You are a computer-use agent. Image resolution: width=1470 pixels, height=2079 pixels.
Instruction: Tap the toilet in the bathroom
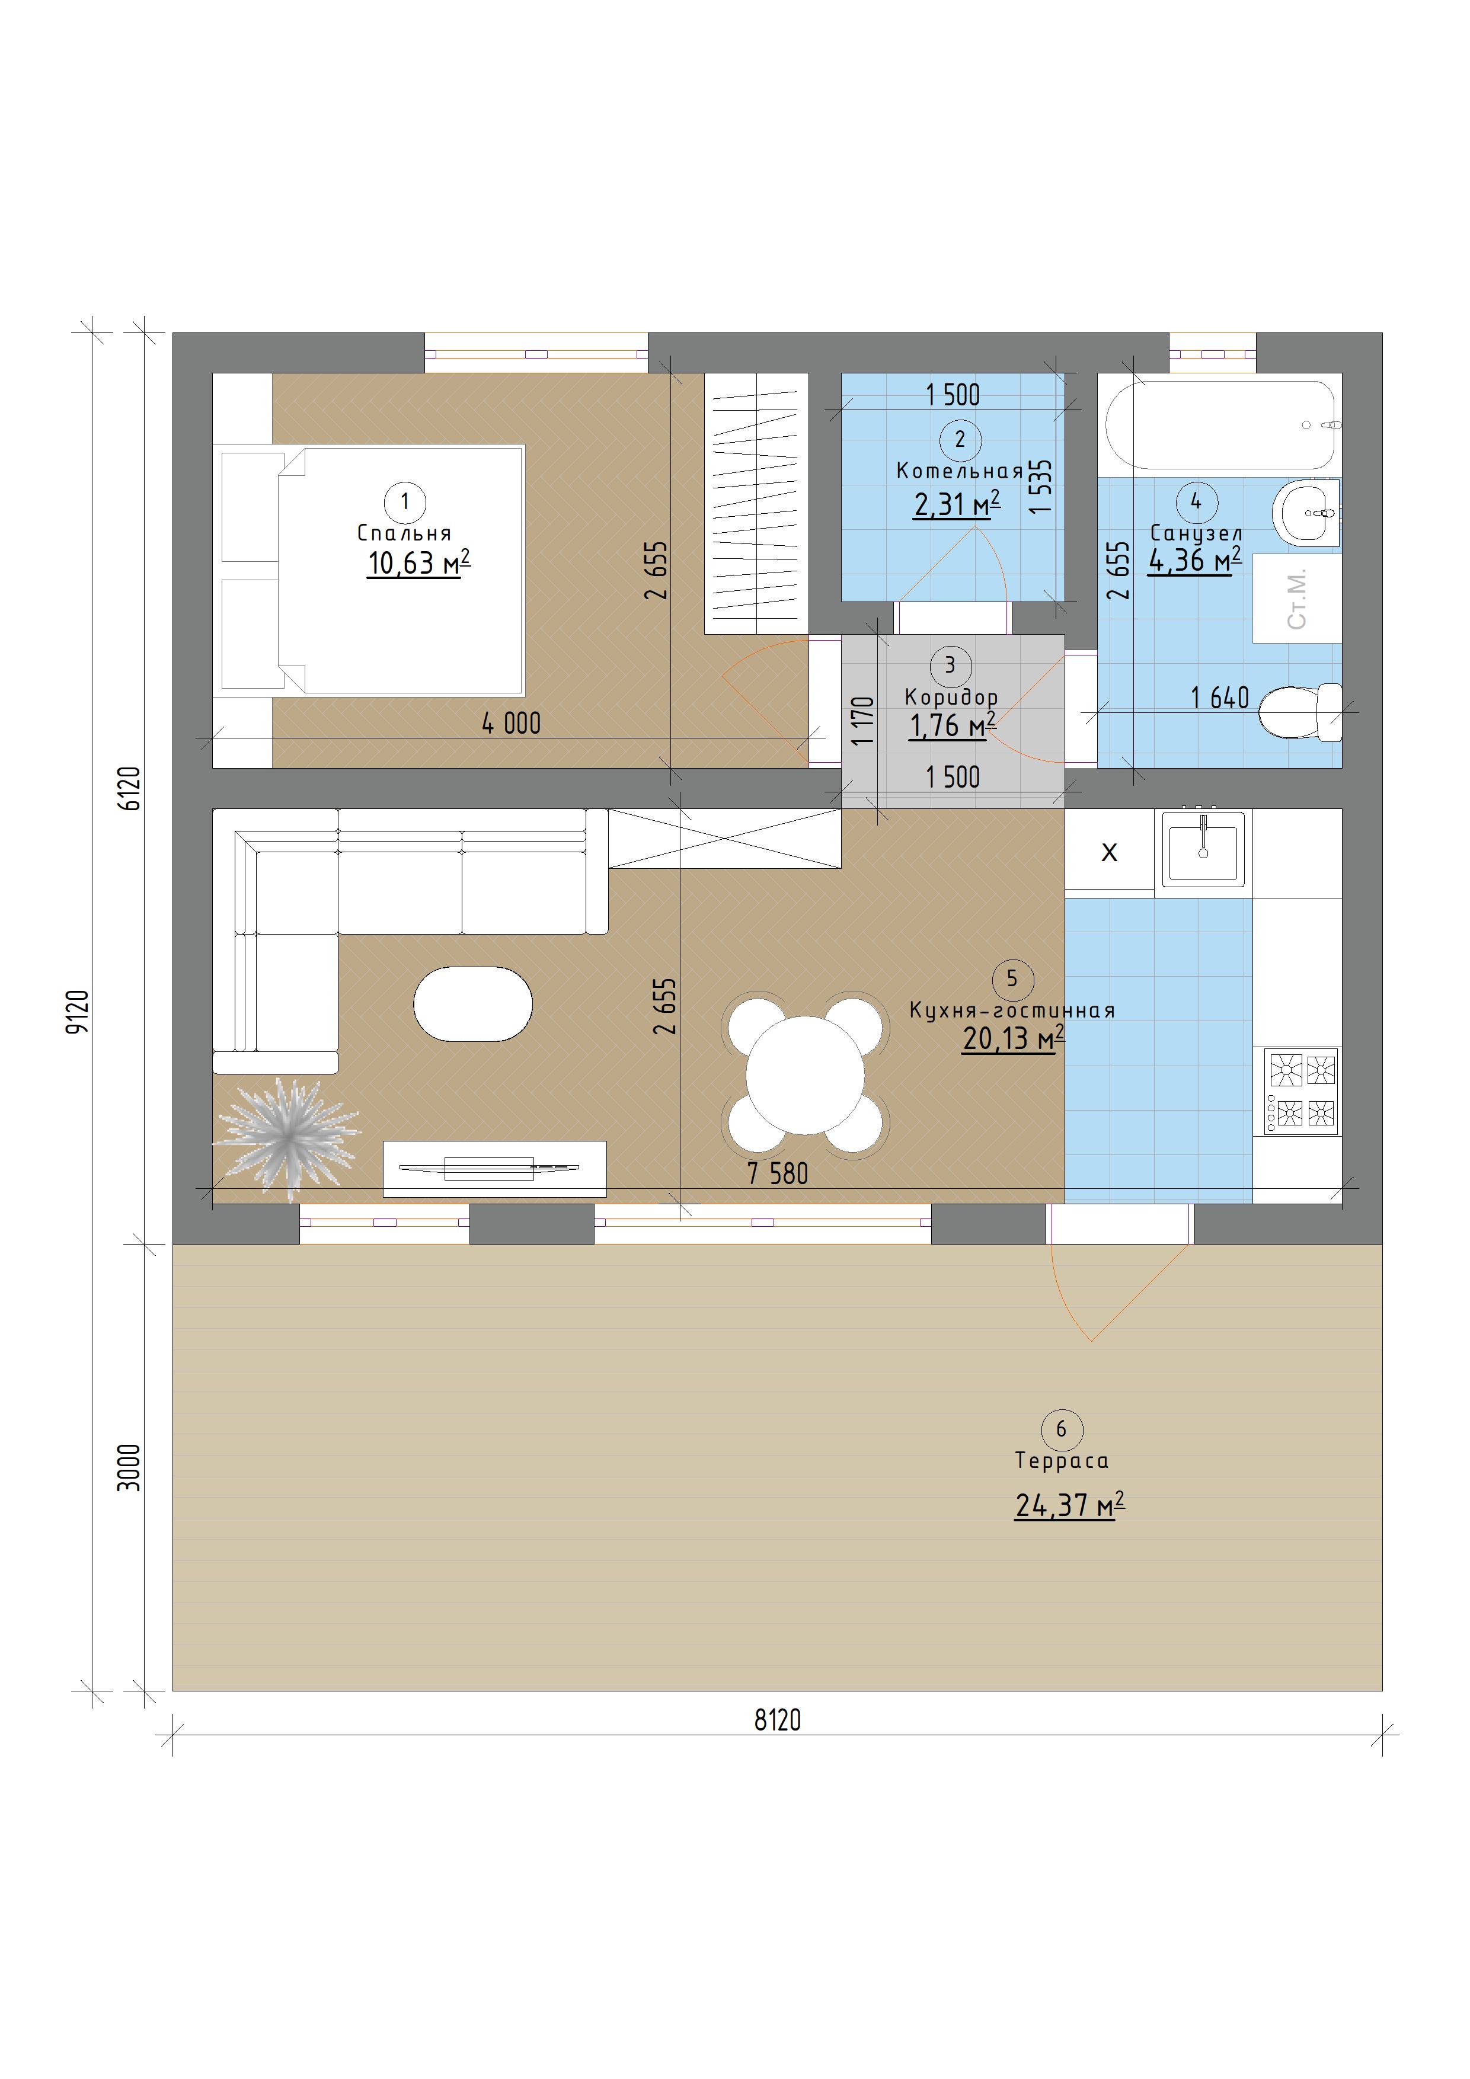pyautogui.click(x=1300, y=712)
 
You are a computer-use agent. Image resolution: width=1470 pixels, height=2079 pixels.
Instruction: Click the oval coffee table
pyautogui.click(x=473, y=1004)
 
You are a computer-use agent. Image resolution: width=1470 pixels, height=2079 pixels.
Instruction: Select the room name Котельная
pyautogui.click(x=959, y=471)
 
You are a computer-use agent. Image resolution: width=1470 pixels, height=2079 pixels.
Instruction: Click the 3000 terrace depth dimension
pyautogui.click(x=130, y=1467)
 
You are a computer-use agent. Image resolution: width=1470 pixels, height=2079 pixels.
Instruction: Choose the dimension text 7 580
pyautogui.click(x=777, y=1173)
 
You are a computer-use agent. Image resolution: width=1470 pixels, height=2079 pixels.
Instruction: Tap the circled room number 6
pyautogui.click(x=1062, y=1430)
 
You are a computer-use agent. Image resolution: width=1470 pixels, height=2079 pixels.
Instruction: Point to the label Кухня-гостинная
pyautogui.click(x=1012, y=1010)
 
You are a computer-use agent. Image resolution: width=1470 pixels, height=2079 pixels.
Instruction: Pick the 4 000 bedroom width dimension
pyautogui.click(x=511, y=724)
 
